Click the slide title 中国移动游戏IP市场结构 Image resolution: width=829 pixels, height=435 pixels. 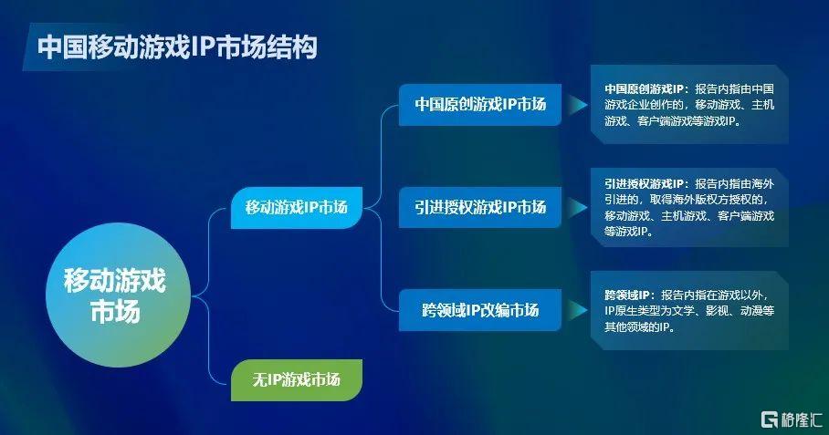(x=177, y=47)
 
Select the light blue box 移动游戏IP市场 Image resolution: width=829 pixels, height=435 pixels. (x=297, y=208)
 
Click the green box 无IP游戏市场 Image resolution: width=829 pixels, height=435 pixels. (x=297, y=379)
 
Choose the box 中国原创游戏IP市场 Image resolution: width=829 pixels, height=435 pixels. (x=480, y=105)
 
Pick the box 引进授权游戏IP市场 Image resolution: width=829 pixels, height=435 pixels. (x=480, y=208)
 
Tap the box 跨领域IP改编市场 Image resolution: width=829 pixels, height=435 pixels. (x=480, y=310)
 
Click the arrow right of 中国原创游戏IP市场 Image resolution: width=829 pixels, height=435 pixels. (x=578, y=105)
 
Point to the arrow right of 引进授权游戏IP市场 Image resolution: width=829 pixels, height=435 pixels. (x=578, y=208)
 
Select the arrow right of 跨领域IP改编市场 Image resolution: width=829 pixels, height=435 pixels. (x=578, y=310)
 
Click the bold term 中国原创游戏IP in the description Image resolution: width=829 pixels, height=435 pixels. (x=644, y=88)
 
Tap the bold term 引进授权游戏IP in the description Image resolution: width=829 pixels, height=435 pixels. (x=644, y=183)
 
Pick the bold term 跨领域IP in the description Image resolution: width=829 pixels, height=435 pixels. (x=627, y=295)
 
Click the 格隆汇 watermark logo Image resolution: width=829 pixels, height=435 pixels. (x=792, y=419)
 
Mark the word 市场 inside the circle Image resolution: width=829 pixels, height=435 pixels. (x=115, y=311)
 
